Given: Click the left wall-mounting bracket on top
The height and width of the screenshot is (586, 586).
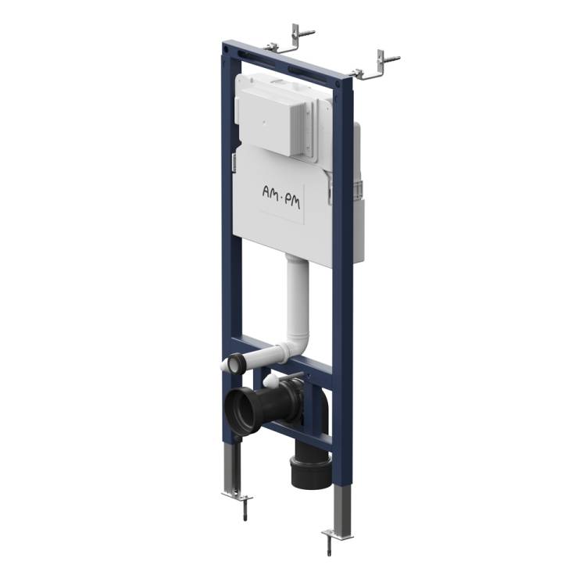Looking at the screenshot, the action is coord(289,41).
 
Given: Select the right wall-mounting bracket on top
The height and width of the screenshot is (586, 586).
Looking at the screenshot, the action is coord(375,66).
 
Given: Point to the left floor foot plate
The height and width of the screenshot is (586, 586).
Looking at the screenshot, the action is coord(238,497).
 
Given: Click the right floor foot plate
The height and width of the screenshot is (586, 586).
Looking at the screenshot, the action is coord(337,534).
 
